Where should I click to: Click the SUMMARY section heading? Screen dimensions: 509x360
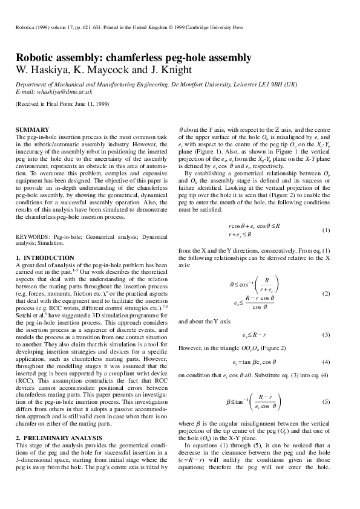point(31,130)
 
